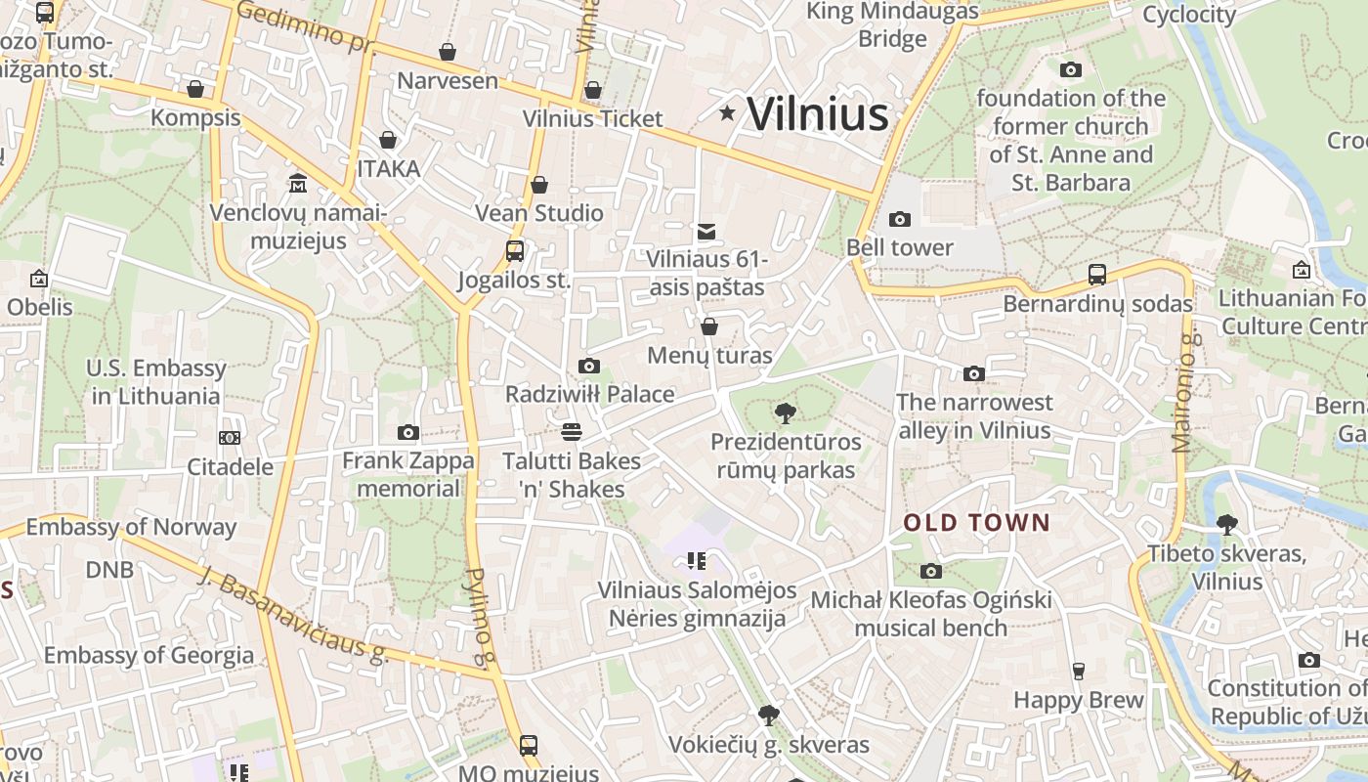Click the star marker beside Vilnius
(727, 113)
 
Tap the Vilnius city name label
(818, 113)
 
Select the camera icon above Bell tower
(900, 219)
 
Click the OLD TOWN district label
(976, 523)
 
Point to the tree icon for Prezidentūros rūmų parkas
(785, 413)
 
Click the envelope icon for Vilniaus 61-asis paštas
(705, 232)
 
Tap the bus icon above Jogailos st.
(515, 251)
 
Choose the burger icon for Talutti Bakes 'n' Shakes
(572, 432)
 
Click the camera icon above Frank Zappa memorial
(408, 432)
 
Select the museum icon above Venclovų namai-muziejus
(298, 184)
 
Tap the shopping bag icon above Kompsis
(195, 89)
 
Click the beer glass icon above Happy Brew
(1079, 671)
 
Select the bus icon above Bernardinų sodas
(1097, 275)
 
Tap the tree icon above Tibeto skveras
(1226, 525)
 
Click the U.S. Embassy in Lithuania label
(156, 382)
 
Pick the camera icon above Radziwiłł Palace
(589, 366)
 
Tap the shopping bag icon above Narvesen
(448, 52)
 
